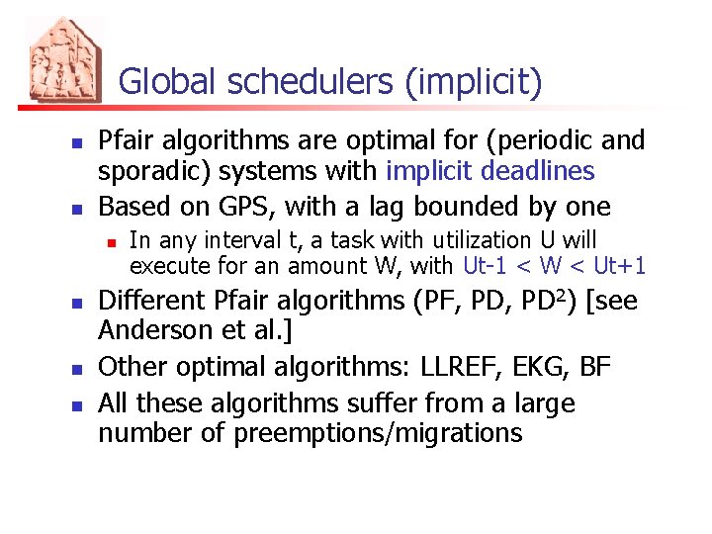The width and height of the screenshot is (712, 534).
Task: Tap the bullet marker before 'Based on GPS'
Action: (76, 208)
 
